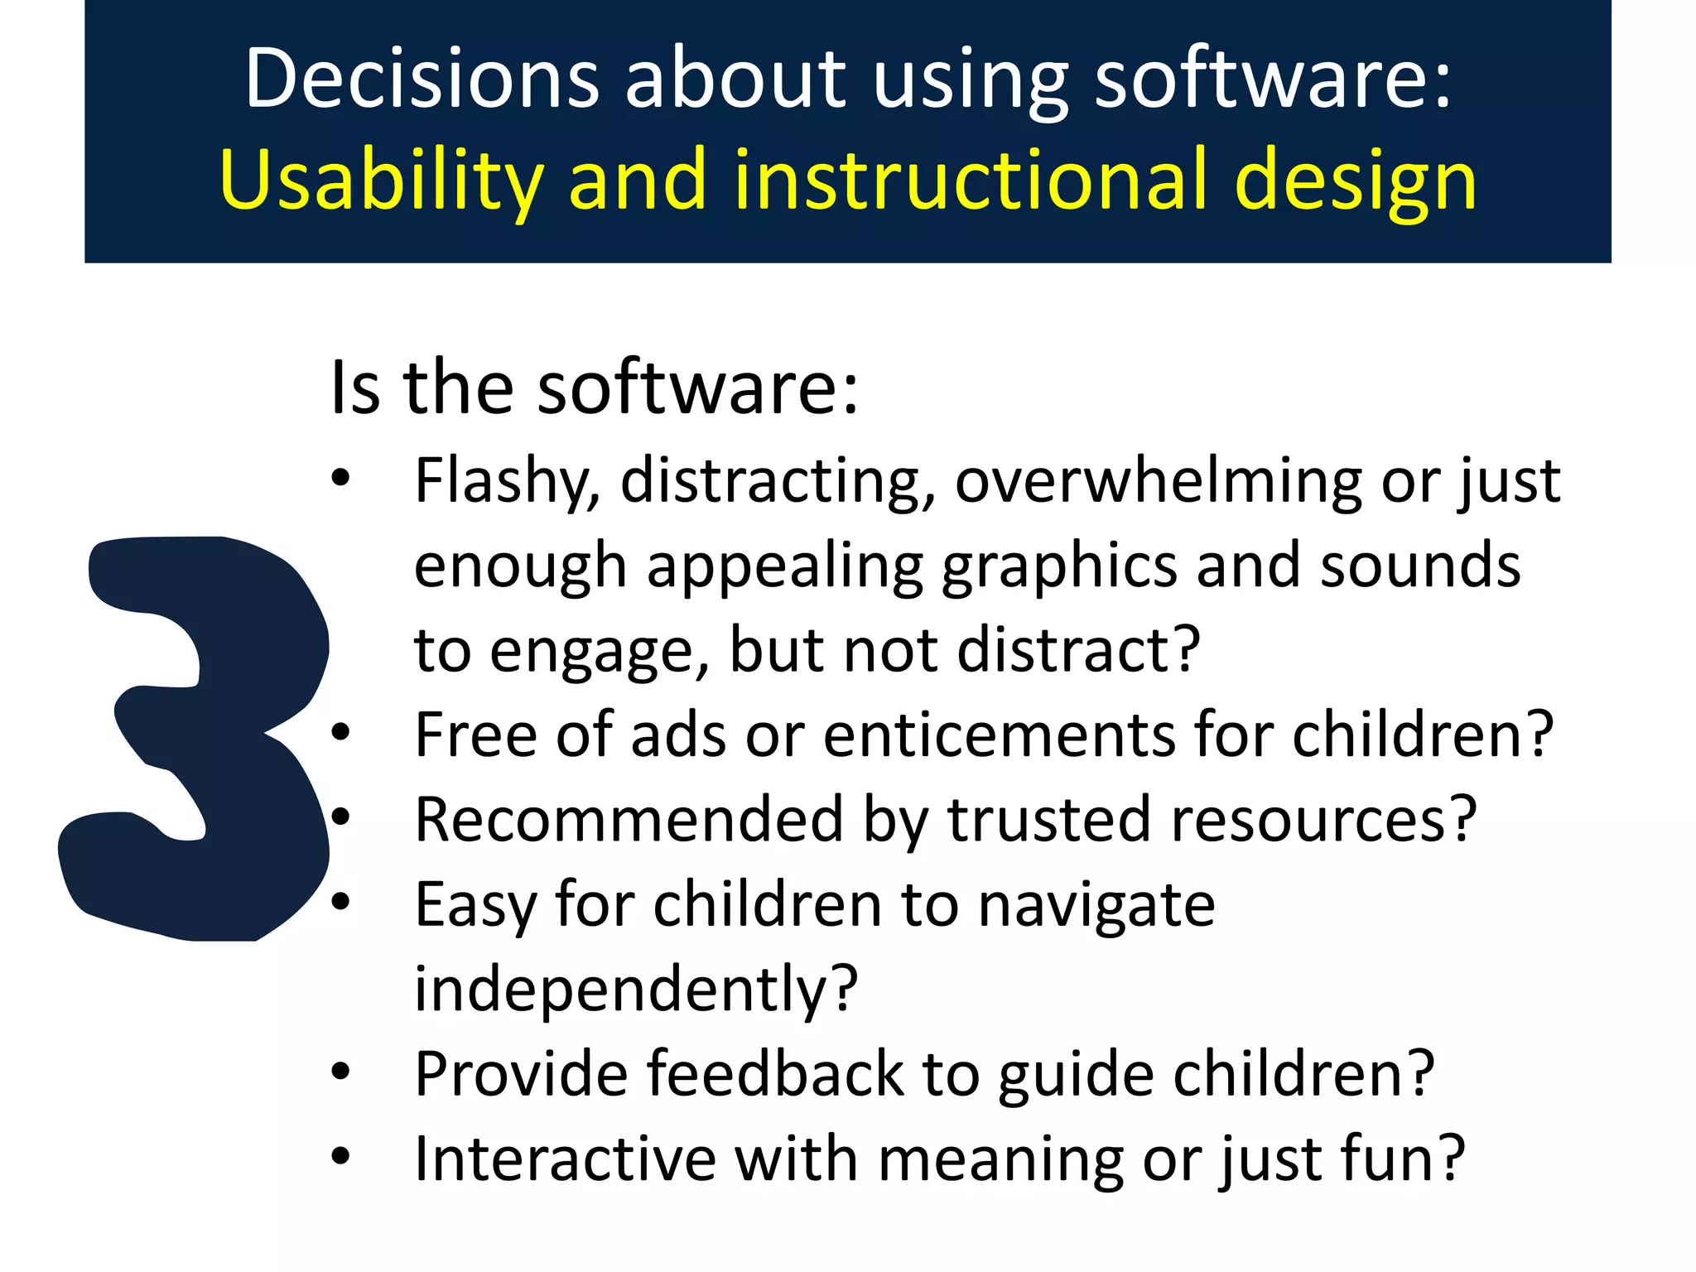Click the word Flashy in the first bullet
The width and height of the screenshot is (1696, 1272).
point(505,482)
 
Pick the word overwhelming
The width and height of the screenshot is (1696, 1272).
point(1158,482)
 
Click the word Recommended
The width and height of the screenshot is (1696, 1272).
point(629,820)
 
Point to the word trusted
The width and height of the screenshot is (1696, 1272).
point(1048,820)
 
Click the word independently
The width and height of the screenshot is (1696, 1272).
point(635,990)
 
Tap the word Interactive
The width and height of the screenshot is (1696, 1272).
point(565,1159)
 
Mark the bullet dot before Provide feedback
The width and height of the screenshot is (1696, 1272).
point(340,1072)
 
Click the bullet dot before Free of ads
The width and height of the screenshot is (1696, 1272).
point(340,732)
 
